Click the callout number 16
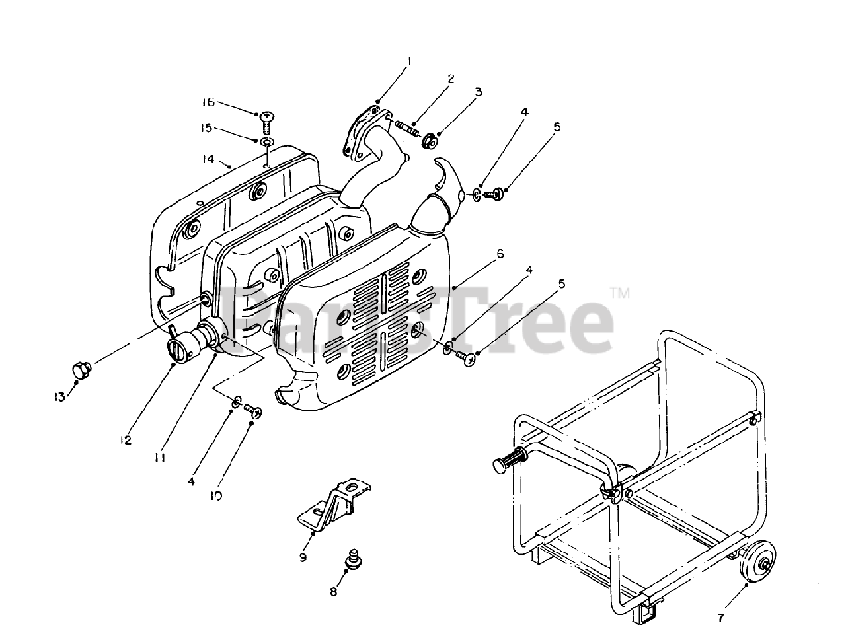pyautogui.click(x=208, y=102)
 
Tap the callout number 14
pyautogui.click(x=208, y=159)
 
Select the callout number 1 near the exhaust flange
pyautogui.click(x=410, y=61)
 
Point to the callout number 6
pyautogui.click(x=500, y=254)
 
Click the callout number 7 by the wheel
pyautogui.click(x=720, y=618)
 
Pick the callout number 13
pyautogui.click(x=59, y=397)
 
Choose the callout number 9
pyautogui.click(x=303, y=557)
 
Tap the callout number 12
pyautogui.click(x=126, y=440)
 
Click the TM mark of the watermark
pyautogui.click(x=619, y=293)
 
